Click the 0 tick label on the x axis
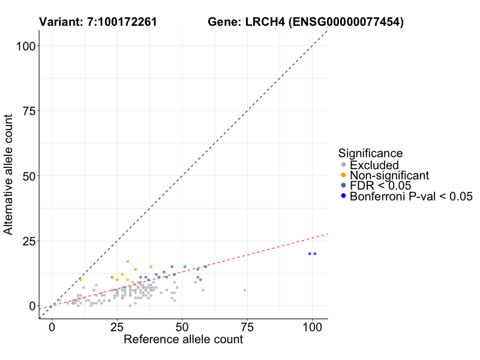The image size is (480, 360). click(x=52, y=328)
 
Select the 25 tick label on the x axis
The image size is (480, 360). click(x=117, y=328)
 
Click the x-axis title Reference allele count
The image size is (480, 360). click(x=183, y=340)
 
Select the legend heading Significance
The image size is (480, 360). click(x=370, y=154)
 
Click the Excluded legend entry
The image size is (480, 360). click(x=374, y=165)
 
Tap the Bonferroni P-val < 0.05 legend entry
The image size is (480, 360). click(x=411, y=196)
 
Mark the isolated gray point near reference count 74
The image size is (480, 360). click(x=245, y=290)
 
